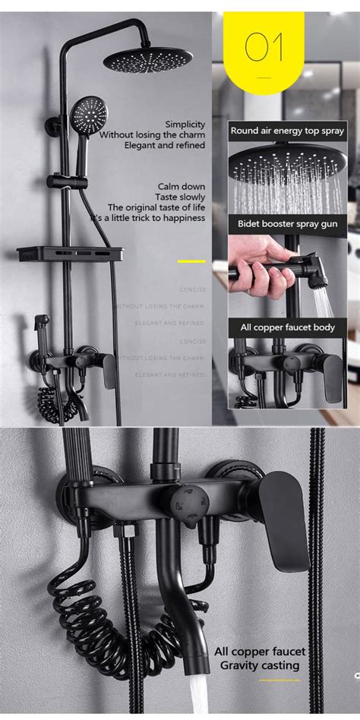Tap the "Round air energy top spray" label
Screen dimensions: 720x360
point(288,131)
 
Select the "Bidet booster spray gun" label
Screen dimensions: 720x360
point(288,224)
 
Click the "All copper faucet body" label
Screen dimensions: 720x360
point(288,328)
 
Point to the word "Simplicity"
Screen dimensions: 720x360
point(185,124)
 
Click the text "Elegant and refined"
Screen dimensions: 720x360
point(171,145)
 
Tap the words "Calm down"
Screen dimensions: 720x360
point(181,186)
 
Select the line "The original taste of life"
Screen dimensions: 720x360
point(156,207)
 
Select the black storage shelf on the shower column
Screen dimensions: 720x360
point(70,254)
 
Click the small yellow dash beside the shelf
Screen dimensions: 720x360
point(191,261)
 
